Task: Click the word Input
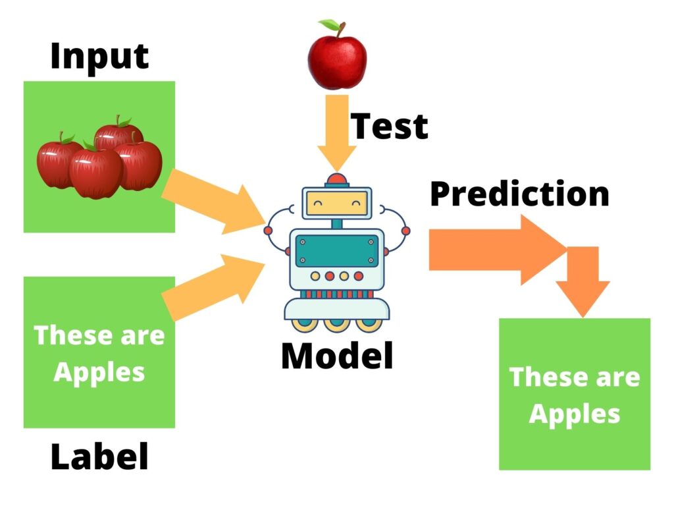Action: click(99, 57)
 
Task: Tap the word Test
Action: click(390, 126)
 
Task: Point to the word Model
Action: click(337, 356)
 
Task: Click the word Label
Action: click(100, 457)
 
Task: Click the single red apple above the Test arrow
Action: click(338, 55)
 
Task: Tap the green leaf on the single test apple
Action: click(329, 24)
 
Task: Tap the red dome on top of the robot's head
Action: click(337, 179)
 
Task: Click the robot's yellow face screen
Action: click(337, 203)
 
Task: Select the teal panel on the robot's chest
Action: click(337, 251)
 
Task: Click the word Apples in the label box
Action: click(99, 373)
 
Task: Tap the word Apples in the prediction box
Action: click(575, 415)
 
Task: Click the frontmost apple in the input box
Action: click(95, 173)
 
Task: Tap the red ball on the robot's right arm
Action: click(405, 231)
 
